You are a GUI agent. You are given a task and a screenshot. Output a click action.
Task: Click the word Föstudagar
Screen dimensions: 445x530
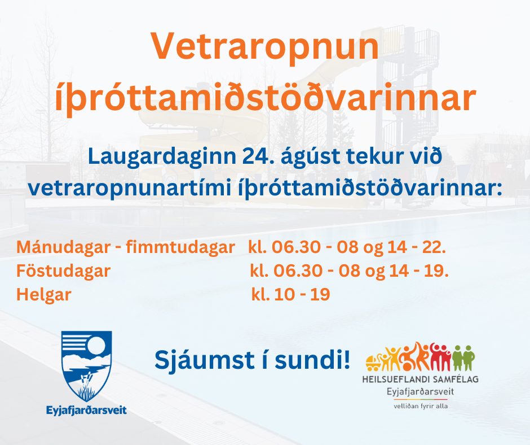click(63, 271)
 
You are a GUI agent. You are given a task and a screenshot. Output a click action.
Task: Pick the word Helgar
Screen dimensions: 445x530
click(44, 294)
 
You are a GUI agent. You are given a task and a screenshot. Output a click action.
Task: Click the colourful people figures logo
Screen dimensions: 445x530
click(421, 357)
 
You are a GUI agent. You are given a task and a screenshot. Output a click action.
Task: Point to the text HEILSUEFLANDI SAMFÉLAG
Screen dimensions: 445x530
click(420, 379)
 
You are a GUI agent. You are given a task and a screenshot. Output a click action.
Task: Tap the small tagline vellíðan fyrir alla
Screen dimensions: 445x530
click(420, 405)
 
